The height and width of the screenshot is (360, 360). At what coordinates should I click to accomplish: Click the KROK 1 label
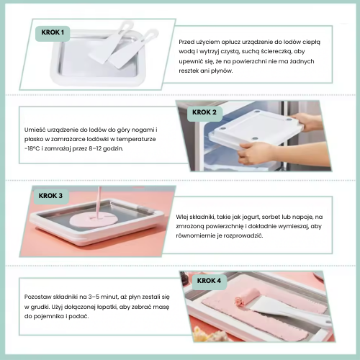[x=53, y=32]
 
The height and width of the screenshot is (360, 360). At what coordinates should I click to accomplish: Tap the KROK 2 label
[x=204, y=112]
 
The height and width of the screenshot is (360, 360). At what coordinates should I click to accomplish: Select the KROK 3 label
[x=50, y=196]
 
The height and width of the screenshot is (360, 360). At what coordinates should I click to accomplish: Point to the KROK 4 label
[x=209, y=281]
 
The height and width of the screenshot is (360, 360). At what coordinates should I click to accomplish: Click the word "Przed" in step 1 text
[x=186, y=42]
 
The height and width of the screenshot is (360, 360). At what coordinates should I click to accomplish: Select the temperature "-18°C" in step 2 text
[x=32, y=148]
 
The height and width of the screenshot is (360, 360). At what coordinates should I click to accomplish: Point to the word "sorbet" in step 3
[x=271, y=217]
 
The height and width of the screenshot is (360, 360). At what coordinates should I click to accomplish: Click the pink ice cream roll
[x=247, y=297]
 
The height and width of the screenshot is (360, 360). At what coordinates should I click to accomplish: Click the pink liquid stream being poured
[x=99, y=202]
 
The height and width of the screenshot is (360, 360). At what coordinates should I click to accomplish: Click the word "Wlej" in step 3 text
[x=181, y=217]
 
